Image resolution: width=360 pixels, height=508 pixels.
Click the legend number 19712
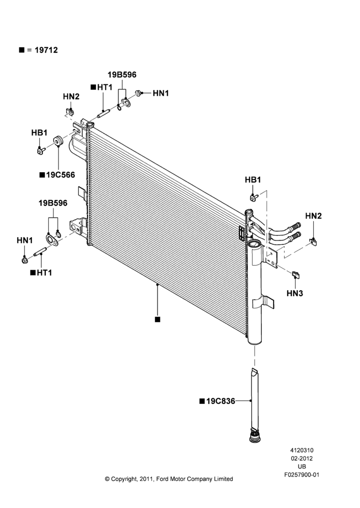coord(46,50)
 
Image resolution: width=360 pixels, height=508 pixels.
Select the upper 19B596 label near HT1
coord(122,75)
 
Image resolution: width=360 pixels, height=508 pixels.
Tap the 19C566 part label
coord(61,175)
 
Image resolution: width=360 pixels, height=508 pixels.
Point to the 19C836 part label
coord(221,401)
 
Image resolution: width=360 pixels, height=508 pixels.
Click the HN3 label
coord(295,293)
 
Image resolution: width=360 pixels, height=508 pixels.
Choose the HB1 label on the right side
coord(253,179)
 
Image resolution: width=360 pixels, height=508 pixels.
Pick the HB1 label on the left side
coord(39,133)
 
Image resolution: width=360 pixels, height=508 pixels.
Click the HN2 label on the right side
coord(313,216)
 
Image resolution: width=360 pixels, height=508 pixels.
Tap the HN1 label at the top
coord(161,93)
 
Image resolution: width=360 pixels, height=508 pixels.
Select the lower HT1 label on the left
coord(44,273)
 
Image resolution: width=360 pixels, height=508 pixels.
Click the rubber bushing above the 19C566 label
coord(58,141)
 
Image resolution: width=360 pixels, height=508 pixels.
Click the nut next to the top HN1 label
coord(138,93)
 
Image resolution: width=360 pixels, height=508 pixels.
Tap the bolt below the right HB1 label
coord(253,197)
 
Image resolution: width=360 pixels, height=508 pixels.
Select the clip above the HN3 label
coord(296,275)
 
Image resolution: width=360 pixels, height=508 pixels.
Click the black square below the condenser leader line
coord(157,320)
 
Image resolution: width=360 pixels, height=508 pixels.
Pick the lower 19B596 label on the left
coord(53,203)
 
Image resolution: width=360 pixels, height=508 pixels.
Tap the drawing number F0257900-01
coord(302,474)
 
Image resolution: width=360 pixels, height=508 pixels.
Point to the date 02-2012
coord(302,458)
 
